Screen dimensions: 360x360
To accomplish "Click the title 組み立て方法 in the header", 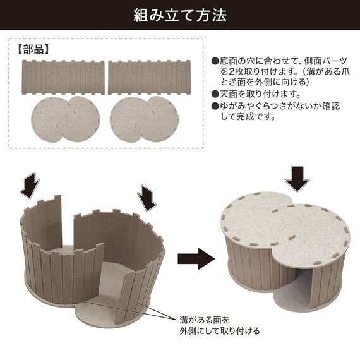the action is pos(180,15).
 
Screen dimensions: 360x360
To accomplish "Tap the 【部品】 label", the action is pos(33,49).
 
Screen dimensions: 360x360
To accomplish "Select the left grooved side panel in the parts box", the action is pos(63,77).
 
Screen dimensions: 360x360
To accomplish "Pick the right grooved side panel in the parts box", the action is pos(150,77).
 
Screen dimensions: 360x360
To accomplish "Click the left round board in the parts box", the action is pos(66,119).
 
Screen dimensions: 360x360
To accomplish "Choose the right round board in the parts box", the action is pos(144,119).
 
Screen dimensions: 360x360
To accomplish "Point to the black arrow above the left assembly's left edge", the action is pos(30,185).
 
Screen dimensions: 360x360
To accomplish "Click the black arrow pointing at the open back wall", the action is pos(147,198).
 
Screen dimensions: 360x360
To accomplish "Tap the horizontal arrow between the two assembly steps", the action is pos(196,259).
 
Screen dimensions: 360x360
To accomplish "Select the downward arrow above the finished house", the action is pos(297,179).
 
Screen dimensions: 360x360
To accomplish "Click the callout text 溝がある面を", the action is pos(205,320).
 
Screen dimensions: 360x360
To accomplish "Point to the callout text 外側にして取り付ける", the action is pos(220,331).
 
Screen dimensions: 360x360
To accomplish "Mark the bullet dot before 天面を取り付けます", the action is pos(215,94).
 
